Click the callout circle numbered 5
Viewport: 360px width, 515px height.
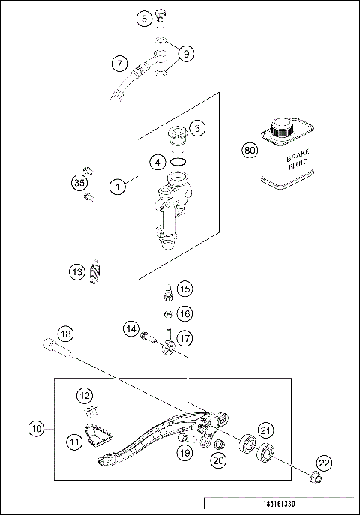pos(145,19)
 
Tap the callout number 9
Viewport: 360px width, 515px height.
pos(187,52)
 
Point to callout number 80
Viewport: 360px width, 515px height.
pos(250,150)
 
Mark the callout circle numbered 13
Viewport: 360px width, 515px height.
pos(78,273)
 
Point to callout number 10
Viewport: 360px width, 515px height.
pos(36,430)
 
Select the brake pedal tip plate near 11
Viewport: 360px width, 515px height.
pos(96,435)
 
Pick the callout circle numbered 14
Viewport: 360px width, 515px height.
pos(130,328)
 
